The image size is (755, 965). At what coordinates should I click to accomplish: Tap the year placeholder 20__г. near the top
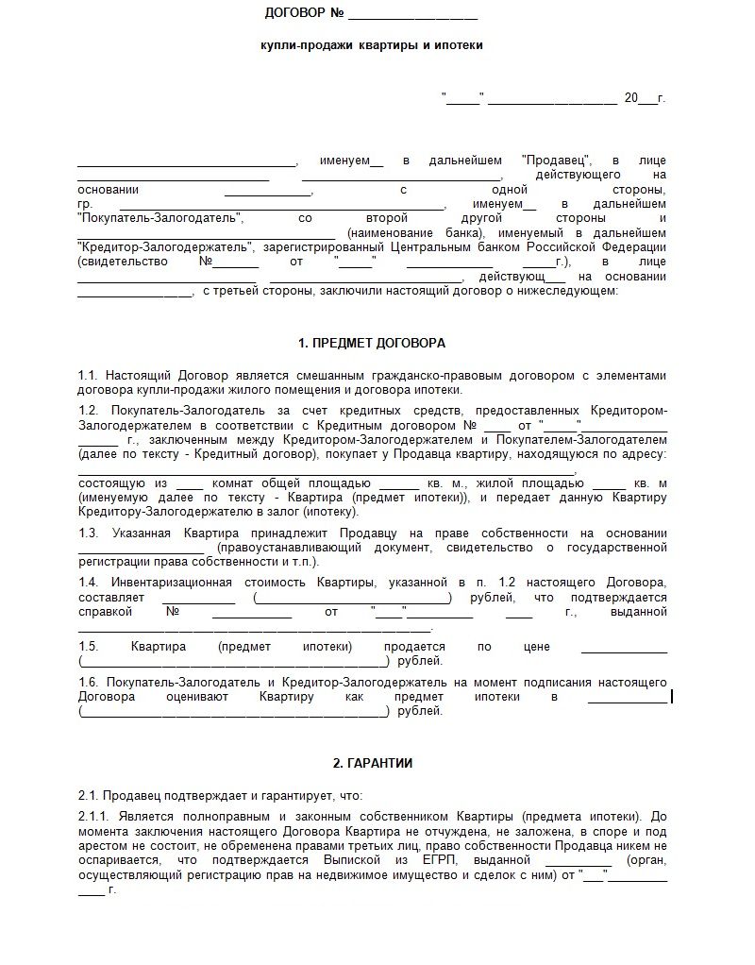click(x=645, y=98)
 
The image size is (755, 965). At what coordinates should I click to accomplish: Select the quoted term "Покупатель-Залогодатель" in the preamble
click(x=159, y=218)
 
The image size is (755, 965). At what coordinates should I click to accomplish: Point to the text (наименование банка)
click(x=413, y=233)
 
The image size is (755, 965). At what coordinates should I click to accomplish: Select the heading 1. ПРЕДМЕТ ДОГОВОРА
click(x=371, y=343)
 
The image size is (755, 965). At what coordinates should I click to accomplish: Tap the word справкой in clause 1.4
click(x=102, y=612)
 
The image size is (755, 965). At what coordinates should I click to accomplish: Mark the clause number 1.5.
click(x=89, y=647)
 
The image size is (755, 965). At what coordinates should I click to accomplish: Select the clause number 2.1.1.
click(x=94, y=816)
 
